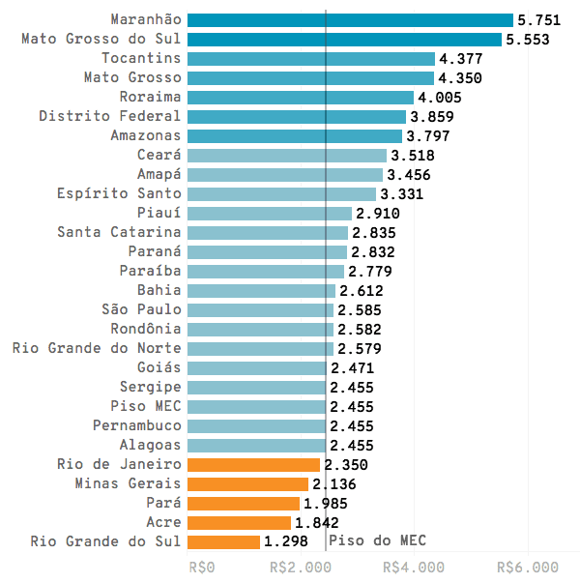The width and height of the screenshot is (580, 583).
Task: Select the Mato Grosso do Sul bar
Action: coord(344,40)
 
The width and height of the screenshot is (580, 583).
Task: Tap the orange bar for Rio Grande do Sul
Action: coord(223,541)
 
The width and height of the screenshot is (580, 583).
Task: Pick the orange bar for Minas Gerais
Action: coord(247,483)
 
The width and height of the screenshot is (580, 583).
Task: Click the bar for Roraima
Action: coord(301,98)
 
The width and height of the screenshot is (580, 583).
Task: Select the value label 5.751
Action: coord(538,20)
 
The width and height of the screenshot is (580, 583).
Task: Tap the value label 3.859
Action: coord(432,117)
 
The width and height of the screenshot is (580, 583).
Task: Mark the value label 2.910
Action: coord(378,214)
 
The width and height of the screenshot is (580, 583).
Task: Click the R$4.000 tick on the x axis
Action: coord(414,568)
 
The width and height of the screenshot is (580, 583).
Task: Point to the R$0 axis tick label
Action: coord(202,568)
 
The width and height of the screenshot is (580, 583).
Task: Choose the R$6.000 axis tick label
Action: coord(528,568)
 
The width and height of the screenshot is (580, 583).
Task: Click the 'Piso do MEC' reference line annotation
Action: coord(377,540)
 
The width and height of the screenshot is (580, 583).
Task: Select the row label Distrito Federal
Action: coord(110,117)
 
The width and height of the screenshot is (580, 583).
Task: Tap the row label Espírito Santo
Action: coord(119,194)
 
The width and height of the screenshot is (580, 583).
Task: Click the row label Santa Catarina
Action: coord(119,233)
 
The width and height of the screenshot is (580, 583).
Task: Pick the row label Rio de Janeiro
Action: coord(119,465)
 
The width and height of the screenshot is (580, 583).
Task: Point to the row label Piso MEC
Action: coord(145,407)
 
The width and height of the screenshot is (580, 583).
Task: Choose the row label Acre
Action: coord(162,523)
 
